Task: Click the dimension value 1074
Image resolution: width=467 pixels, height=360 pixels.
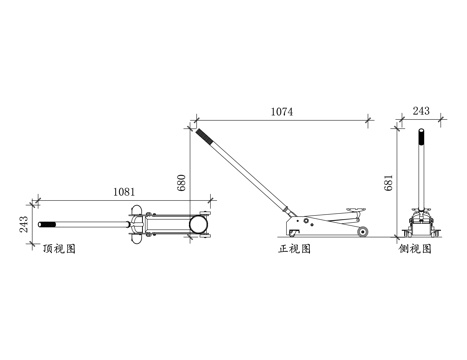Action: [x=282, y=111]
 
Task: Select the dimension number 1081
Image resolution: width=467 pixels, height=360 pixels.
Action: [x=124, y=192]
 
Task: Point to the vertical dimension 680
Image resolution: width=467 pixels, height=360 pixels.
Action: [x=182, y=183]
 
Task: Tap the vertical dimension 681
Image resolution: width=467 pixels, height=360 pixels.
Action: [x=389, y=183]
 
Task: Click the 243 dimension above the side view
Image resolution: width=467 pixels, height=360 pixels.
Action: [x=421, y=111]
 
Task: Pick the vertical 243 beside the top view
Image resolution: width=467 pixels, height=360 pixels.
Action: [x=24, y=224]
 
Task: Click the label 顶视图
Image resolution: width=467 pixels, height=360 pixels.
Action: [x=60, y=249]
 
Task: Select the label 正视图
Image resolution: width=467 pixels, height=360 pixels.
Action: [x=295, y=249]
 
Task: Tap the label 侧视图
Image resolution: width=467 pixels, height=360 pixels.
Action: [x=415, y=249]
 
